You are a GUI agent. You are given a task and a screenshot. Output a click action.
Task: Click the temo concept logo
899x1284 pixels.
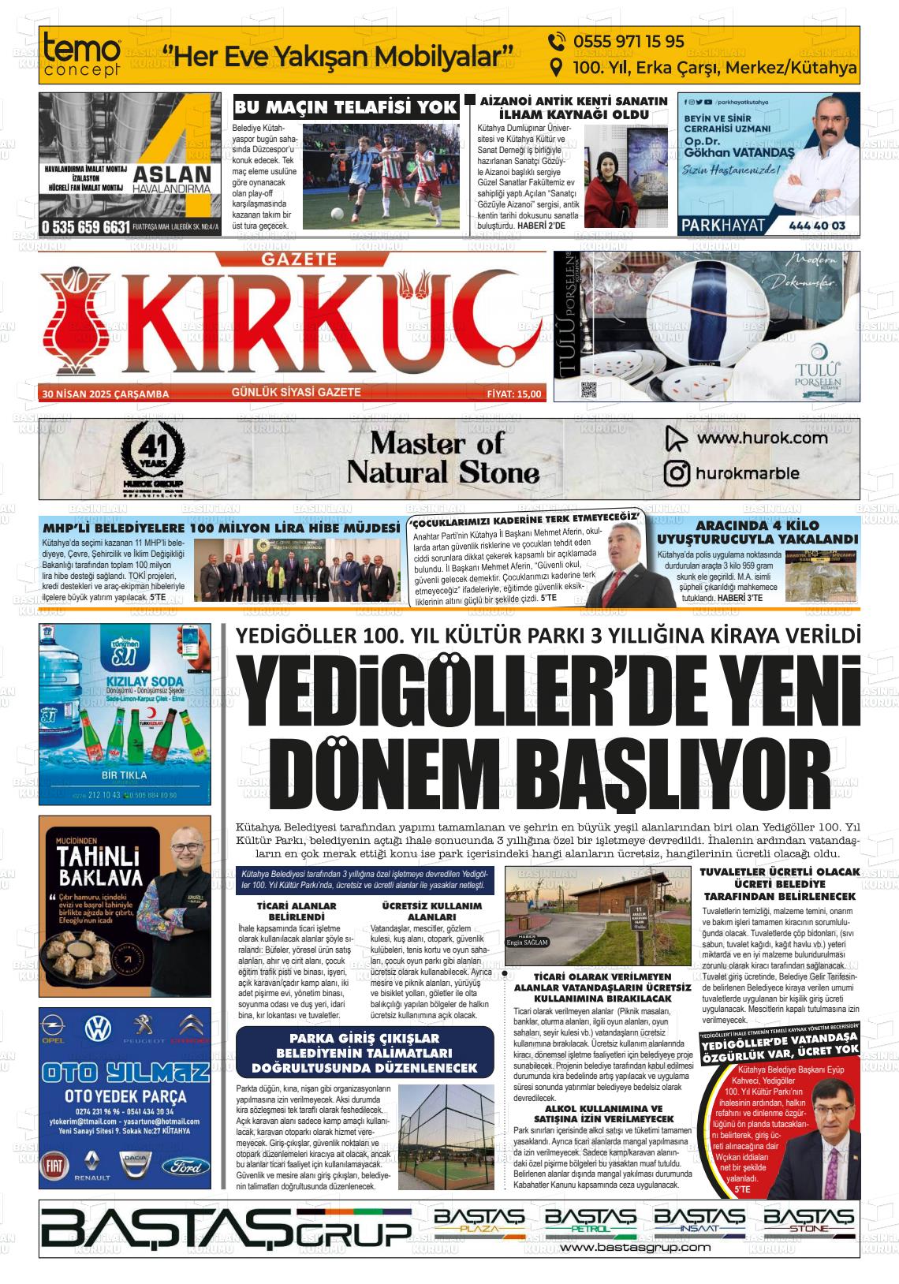(x=83, y=55)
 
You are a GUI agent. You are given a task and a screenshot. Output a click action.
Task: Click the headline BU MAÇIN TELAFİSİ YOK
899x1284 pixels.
(x=346, y=107)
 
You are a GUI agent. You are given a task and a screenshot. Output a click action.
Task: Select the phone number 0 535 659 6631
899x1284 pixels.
(x=86, y=227)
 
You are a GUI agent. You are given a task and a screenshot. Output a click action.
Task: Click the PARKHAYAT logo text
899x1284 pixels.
(x=723, y=225)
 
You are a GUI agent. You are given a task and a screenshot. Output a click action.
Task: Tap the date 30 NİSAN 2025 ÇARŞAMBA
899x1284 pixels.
(x=106, y=394)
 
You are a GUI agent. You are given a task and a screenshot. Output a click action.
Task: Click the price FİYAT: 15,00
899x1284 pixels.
(x=514, y=394)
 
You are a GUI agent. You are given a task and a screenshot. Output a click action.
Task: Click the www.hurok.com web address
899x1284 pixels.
(x=762, y=439)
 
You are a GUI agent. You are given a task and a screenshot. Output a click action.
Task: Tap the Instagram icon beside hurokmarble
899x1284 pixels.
(x=677, y=473)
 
